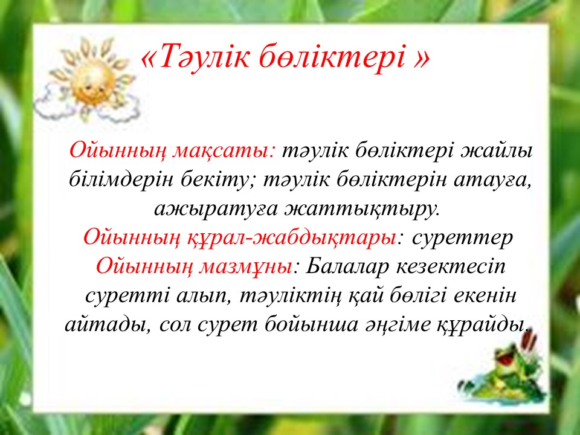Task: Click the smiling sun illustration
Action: click(x=89, y=82)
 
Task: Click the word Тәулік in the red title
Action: click(x=205, y=56)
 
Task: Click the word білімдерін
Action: click(x=121, y=179)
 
